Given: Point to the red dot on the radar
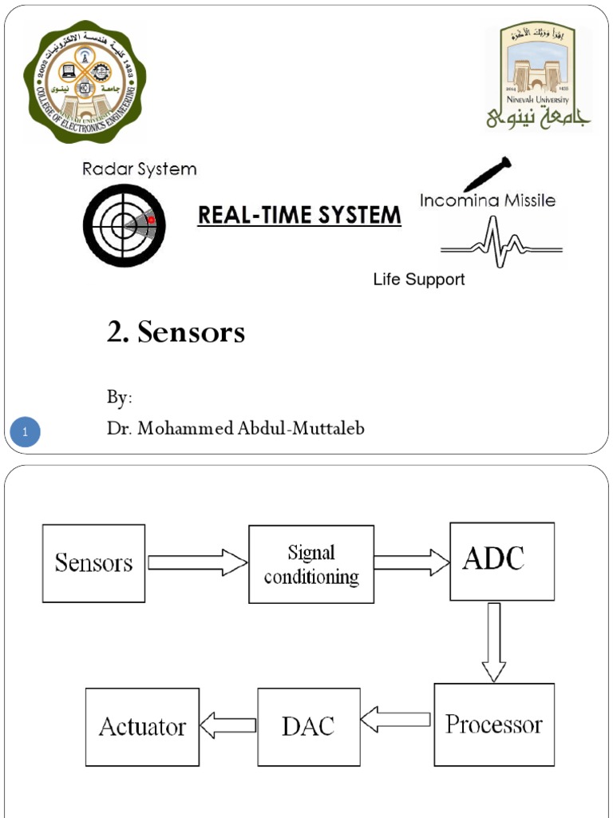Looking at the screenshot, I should pyautogui.click(x=151, y=220).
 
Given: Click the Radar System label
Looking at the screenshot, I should pyautogui.click(x=140, y=169).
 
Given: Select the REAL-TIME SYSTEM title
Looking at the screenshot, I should pyautogui.click(x=299, y=215).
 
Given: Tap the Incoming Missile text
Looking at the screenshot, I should pyautogui.click(x=487, y=201).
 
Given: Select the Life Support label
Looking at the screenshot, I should pyautogui.click(x=419, y=280).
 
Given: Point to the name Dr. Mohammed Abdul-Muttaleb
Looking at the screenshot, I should pyautogui.click(x=235, y=429).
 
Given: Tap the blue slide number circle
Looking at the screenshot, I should pyautogui.click(x=26, y=433).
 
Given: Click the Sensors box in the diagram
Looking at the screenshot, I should pyautogui.click(x=93, y=563).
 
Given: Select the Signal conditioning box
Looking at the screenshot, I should pyautogui.click(x=311, y=564).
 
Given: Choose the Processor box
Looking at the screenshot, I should pyautogui.click(x=493, y=725).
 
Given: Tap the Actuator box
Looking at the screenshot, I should pyautogui.click(x=142, y=727).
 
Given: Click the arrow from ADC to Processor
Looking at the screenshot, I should pyautogui.click(x=494, y=641).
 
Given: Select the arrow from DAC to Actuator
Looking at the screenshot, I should pyautogui.click(x=228, y=725).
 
